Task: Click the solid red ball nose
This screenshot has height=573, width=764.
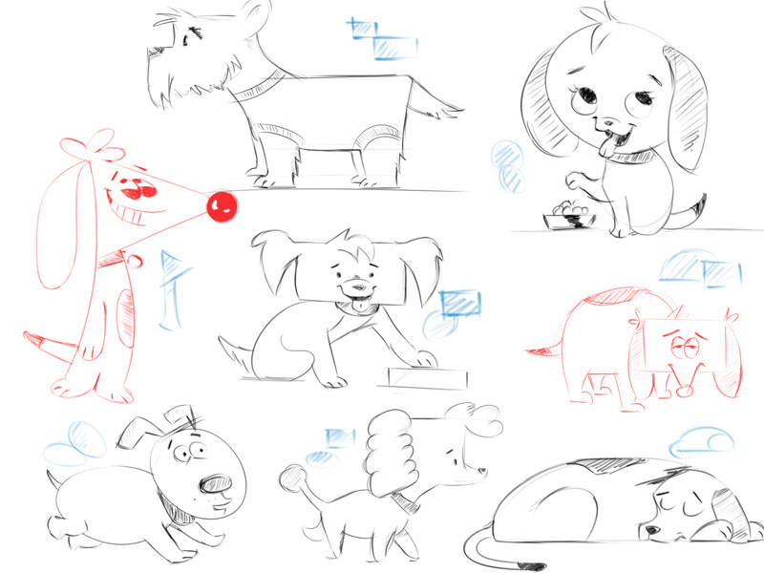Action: [223, 202]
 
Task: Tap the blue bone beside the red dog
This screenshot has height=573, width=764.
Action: [173, 287]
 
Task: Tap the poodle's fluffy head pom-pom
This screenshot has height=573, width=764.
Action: [389, 449]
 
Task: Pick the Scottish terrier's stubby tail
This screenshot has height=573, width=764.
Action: [440, 106]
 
